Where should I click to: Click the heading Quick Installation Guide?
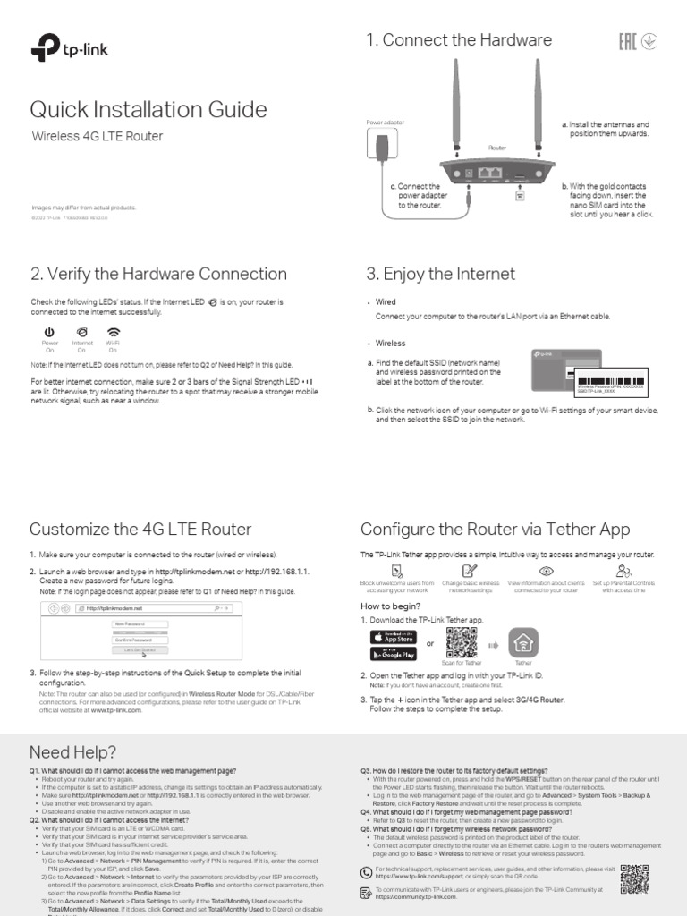pos(148,109)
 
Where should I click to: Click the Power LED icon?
pos(49,332)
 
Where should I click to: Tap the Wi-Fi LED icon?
pos(114,332)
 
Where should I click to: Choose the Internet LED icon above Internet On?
pos(82,332)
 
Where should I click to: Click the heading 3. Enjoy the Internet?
pos(440,274)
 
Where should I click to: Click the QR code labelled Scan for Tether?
pos(462,642)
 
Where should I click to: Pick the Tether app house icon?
pos(523,642)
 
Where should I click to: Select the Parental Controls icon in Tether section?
pos(623,571)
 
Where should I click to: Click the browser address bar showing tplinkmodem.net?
pos(143,608)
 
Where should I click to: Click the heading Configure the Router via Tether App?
pos(495,529)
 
